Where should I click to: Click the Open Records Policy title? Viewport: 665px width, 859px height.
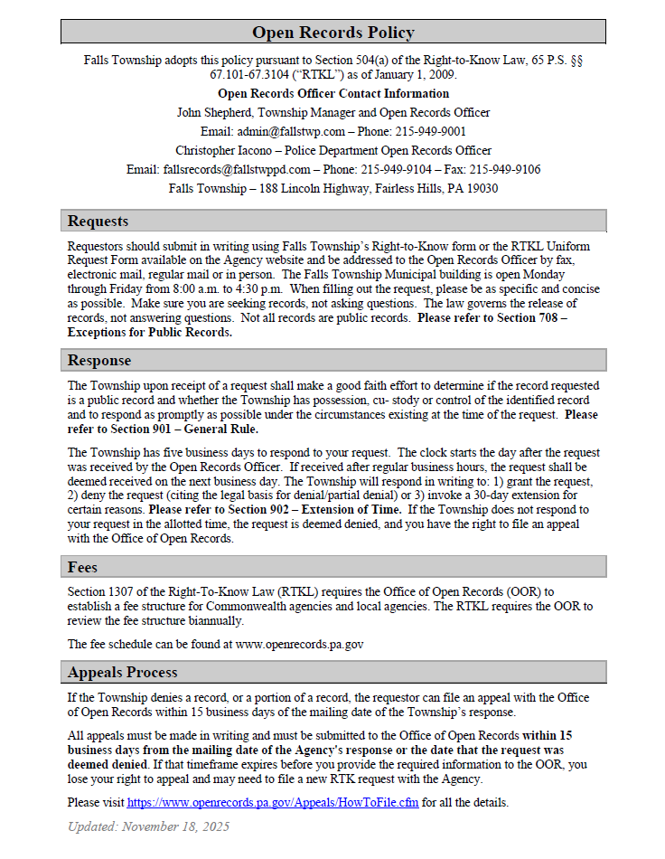(332, 33)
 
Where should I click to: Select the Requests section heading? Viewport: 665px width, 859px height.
(98, 222)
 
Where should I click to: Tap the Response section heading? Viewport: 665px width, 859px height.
(99, 361)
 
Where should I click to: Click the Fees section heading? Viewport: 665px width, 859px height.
(82, 568)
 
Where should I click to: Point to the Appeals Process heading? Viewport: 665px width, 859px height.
(122, 673)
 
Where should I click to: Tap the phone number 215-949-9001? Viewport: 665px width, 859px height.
(429, 131)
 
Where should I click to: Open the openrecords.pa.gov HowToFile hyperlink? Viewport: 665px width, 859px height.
(272, 803)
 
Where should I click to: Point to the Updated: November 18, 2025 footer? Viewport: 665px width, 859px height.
(149, 826)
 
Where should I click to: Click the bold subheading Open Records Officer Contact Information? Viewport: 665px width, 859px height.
(332, 93)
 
